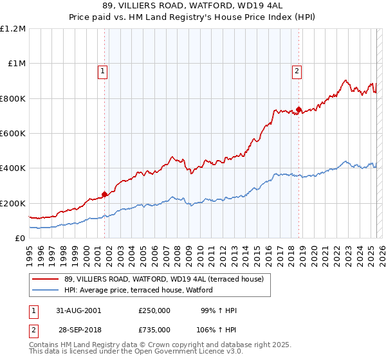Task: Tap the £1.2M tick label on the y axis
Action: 13,29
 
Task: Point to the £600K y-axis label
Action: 13,134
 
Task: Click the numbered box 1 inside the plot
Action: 103,72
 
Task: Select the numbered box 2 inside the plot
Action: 297,72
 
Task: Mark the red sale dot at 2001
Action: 104,194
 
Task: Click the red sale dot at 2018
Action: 299,109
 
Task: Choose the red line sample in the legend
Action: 45,279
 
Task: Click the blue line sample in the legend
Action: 45,290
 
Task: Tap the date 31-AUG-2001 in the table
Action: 80,310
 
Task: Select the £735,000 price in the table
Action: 154,329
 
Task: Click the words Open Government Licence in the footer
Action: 187,352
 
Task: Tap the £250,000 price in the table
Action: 154,310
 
